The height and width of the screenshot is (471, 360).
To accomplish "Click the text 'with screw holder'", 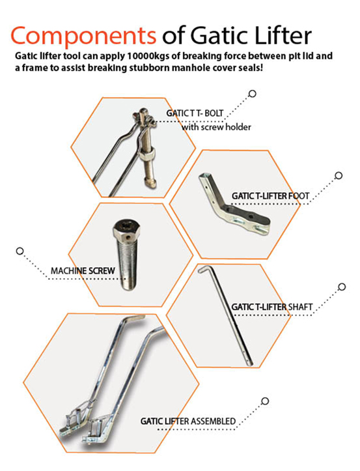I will point(216,126).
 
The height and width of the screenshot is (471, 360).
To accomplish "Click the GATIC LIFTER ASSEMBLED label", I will point(188,421).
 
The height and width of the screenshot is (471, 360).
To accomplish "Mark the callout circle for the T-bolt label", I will point(253,94).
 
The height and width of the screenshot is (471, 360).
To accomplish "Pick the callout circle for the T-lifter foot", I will point(338,175).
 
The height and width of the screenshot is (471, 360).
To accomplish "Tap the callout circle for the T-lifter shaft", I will point(342,287).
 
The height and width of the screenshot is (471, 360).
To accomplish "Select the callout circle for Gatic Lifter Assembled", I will point(265,401).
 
